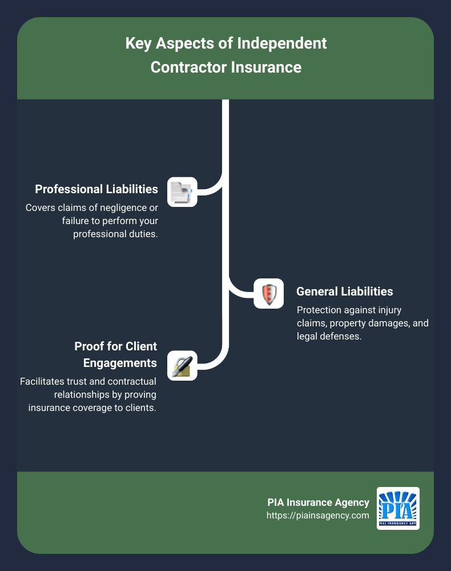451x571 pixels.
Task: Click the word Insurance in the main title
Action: pos(265,67)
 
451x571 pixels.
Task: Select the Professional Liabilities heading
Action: pos(96,189)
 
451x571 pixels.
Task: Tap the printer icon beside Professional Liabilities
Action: pos(182,191)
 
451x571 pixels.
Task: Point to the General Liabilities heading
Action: pos(344,291)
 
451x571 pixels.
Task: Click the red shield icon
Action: pos(268,294)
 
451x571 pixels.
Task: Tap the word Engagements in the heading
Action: pos(120,363)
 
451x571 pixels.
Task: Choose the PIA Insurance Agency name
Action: pos(318,502)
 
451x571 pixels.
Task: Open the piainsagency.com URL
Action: pos(317,515)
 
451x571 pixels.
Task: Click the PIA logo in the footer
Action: pos(398,508)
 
